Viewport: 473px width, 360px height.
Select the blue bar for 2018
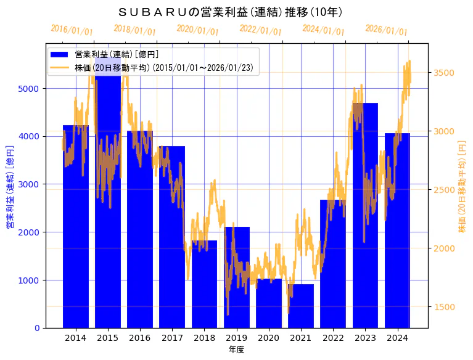[204, 284]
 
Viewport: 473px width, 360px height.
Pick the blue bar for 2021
[300, 306]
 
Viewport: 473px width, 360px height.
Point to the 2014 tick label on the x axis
[76, 338]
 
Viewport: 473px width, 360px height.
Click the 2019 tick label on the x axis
[236, 338]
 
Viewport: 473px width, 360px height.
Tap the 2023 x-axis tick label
[365, 338]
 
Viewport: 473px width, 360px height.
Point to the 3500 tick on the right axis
[444, 73]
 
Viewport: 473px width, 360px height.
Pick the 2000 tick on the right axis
[444, 248]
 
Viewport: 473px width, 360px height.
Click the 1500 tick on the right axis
[444, 307]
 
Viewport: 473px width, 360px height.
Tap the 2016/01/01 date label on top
[72, 30]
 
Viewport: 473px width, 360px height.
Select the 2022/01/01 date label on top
[260, 30]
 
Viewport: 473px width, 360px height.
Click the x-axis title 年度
[236, 350]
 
